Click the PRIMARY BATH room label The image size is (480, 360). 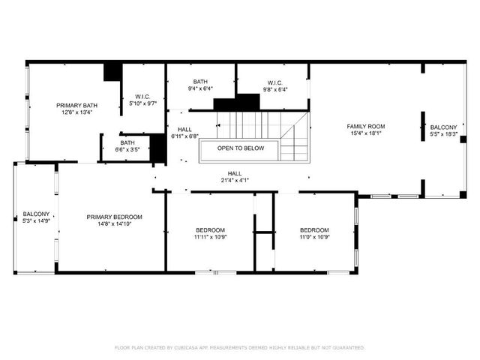73,106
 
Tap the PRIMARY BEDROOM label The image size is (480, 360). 114,217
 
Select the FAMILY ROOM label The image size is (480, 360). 365,126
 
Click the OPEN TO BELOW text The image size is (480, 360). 241,148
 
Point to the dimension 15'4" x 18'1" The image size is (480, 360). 365,134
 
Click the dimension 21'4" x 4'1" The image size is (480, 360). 235,180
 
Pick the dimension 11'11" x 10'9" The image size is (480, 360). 210,237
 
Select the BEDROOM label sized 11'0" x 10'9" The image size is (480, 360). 314,229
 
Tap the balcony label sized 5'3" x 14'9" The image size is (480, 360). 36,214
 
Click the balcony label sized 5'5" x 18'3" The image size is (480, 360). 443,127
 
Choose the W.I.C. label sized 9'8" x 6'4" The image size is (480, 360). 274,82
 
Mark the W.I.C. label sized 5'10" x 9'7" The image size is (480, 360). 143,96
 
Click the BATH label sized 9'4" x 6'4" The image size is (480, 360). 200,81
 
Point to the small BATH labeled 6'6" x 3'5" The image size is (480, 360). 127,142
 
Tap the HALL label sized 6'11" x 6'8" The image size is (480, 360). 184,129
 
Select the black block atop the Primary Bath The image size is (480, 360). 112,71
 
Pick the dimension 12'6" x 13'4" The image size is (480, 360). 73,113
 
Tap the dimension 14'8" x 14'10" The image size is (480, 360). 114,224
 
